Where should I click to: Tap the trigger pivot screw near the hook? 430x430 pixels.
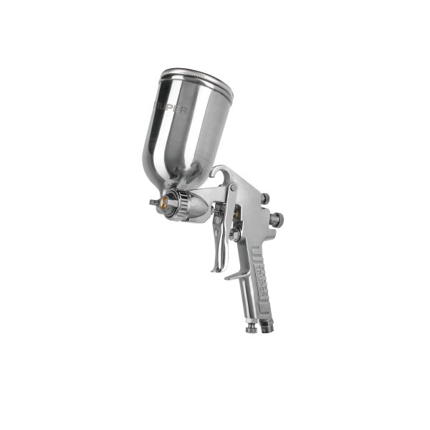pyautogui.click(x=234, y=188)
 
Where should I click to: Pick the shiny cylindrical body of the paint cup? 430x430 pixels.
pyautogui.click(x=190, y=129)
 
